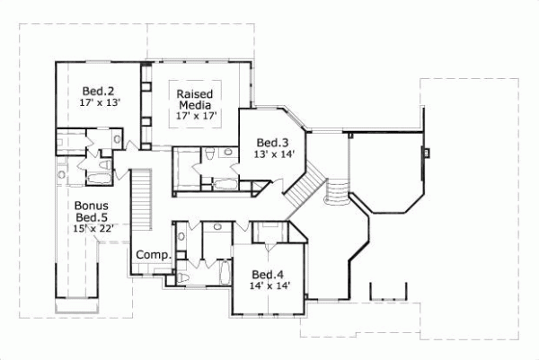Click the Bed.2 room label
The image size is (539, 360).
(x=95, y=91)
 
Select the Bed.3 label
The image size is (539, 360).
(x=271, y=142)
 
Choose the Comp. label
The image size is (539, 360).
(x=153, y=256)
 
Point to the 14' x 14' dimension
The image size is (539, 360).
(x=269, y=286)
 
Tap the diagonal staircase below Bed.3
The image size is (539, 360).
(x=302, y=189)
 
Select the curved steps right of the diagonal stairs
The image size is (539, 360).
(x=335, y=191)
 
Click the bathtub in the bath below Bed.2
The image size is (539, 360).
(x=98, y=179)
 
